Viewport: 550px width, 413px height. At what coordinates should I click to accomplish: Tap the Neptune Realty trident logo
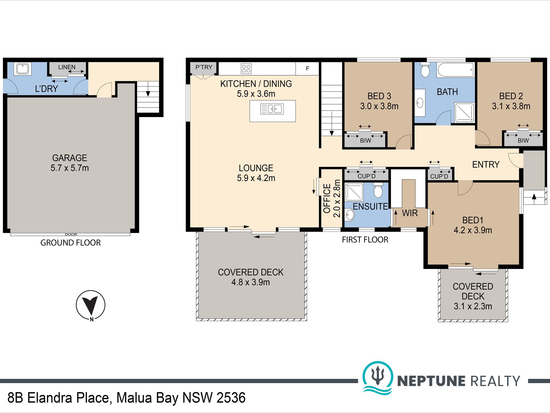pos(378,378)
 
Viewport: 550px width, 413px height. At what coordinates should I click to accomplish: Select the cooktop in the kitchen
pos(246,69)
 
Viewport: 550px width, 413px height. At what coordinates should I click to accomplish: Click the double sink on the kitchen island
pos(272,109)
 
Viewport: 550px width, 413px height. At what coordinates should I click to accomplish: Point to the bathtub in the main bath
pos(456,70)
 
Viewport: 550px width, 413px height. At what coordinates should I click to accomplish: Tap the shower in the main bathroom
pos(465,112)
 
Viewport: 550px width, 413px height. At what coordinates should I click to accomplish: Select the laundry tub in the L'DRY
pos(22,69)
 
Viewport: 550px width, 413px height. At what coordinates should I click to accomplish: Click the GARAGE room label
pos(69,158)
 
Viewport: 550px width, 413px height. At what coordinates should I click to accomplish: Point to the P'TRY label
pos(204,67)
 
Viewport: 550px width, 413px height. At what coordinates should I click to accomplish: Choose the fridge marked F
pos(307,69)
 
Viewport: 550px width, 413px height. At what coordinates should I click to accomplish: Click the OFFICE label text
pos(327,199)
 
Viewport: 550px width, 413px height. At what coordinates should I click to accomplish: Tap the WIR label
pos(410,213)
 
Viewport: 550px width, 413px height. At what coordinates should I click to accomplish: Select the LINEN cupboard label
pos(67,67)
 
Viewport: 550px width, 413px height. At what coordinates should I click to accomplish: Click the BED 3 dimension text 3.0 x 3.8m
pos(379,106)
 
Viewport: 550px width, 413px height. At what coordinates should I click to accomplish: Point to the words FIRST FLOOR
pos(365,240)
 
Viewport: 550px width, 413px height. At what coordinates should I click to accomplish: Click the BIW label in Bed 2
pos(523,141)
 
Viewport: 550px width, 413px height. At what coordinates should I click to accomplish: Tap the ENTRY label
pos(486,165)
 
